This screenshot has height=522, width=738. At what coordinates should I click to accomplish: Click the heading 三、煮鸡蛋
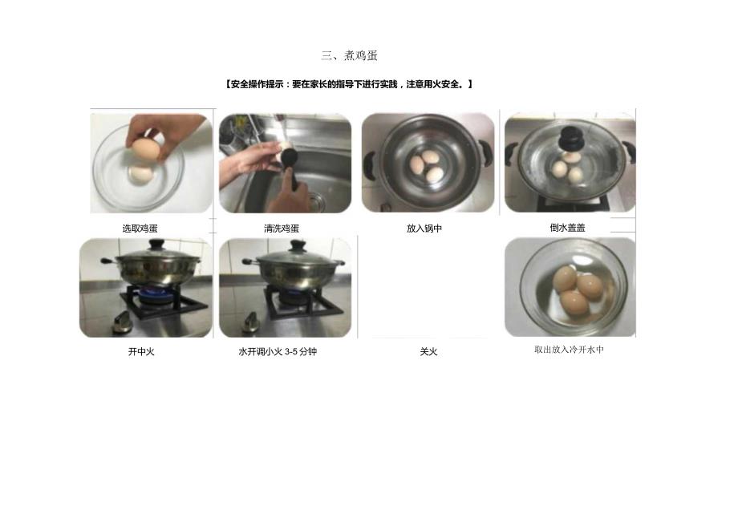(349, 55)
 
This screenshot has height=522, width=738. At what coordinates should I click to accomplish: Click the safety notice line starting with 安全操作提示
(350, 84)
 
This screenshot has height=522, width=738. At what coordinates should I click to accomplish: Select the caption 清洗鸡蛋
(282, 229)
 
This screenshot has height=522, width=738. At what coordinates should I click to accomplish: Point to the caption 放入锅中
(424, 229)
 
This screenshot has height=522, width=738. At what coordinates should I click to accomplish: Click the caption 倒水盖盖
(567, 228)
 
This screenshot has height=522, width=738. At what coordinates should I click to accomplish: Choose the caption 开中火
(141, 351)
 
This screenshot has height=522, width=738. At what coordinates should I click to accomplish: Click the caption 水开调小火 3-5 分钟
(278, 351)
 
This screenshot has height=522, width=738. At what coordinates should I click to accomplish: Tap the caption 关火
(428, 351)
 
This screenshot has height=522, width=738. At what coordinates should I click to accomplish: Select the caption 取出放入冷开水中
(569, 350)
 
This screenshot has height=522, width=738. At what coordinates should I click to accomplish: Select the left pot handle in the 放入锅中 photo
(369, 164)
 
